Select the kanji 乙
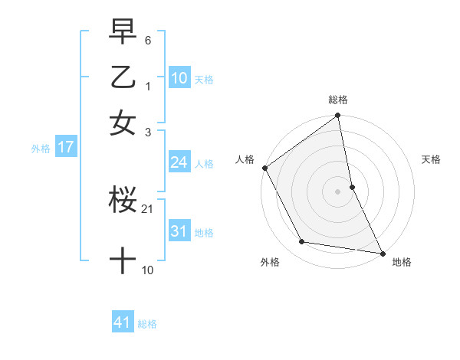123,78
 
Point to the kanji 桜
123,201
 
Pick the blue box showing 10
179,78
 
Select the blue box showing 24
179,162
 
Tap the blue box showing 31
179,231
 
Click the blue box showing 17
65,147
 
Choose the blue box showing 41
123,322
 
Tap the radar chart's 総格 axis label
338,100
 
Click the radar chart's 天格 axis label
431,159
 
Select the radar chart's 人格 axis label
245,159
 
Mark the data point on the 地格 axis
383,253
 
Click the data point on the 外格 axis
302,242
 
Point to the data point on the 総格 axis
338,116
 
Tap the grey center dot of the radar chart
338,191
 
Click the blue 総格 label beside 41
147,324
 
